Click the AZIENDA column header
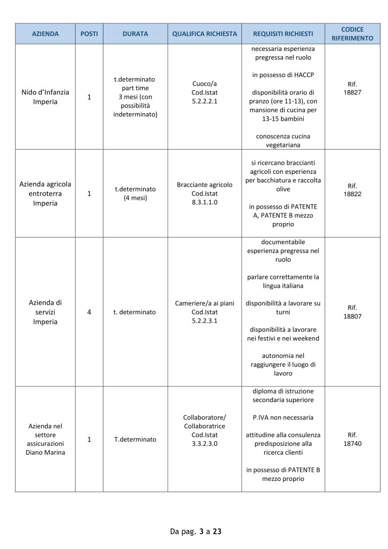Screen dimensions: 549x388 [x=45, y=34]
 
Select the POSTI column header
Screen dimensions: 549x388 [x=89, y=34]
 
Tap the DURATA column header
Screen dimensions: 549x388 [x=135, y=34]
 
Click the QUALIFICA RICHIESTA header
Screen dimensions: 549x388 [x=204, y=34]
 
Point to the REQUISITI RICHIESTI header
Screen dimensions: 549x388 [x=283, y=34]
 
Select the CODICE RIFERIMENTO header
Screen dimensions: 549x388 [x=352, y=34]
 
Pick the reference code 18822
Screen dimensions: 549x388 [x=352, y=194]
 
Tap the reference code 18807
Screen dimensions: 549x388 [x=352, y=316]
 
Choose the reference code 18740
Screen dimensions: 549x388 [x=352, y=443]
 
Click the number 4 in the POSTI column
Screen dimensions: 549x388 [x=89, y=311]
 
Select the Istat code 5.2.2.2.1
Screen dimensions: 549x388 [x=204, y=101]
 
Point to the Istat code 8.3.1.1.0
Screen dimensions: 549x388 [x=204, y=202]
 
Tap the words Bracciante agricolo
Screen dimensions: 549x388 [x=204, y=185]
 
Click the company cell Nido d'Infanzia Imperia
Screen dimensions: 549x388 [x=45, y=97]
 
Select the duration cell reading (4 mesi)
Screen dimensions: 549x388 [x=135, y=198]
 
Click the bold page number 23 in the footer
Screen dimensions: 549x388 [x=217, y=531]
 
